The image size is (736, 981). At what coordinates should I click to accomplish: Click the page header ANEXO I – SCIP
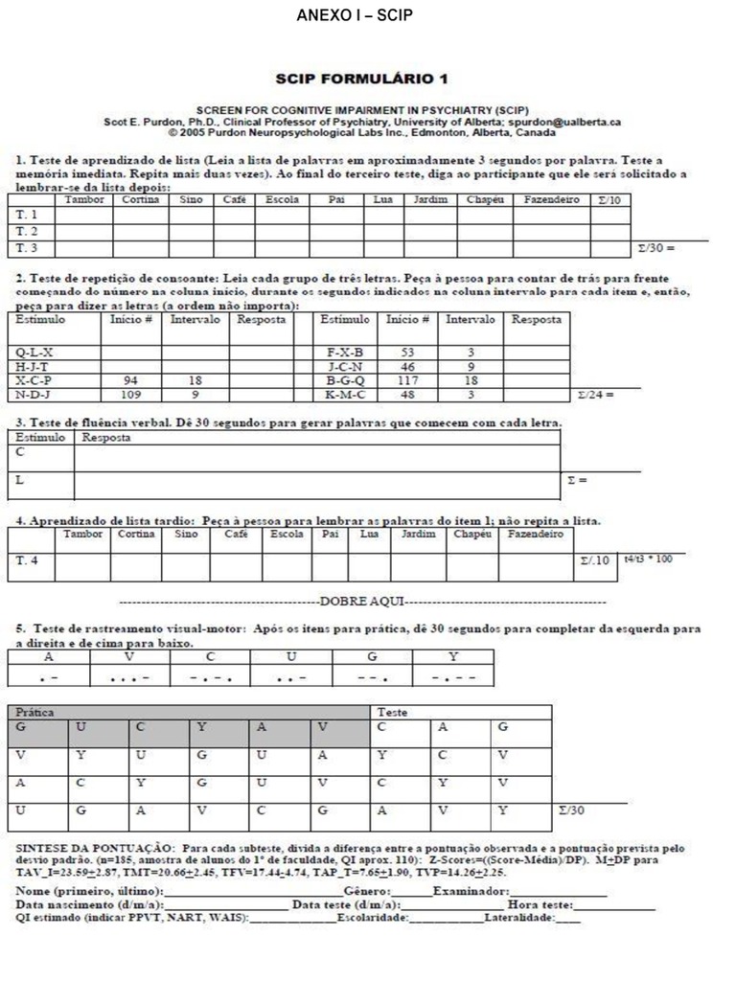point(369,16)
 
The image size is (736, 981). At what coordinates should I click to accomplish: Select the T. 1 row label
point(28,214)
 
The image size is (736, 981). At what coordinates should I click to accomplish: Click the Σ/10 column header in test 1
point(609,199)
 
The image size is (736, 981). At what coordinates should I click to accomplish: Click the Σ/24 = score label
point(595,394)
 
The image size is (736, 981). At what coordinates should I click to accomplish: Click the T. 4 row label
point(28,559)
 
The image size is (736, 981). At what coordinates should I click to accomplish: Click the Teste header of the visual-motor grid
point(393,713)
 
